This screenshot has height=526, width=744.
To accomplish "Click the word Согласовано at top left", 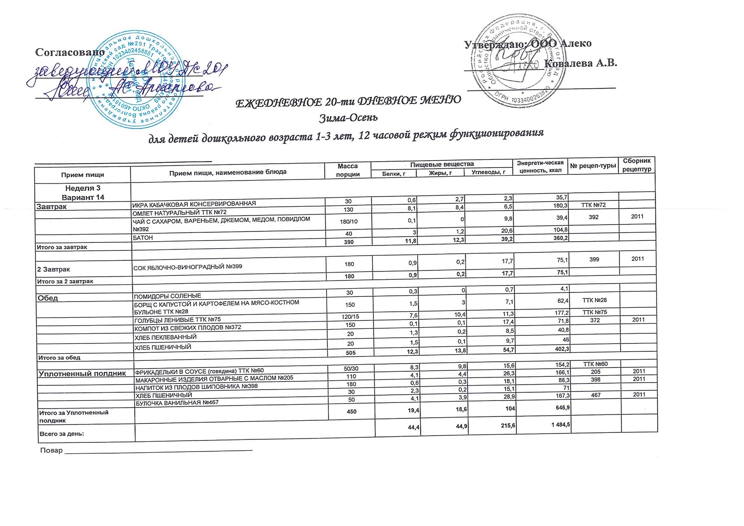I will [70, 52].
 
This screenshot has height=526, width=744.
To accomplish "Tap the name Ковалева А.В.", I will [580, 64].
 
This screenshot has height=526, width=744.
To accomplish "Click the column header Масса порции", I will [347, 170].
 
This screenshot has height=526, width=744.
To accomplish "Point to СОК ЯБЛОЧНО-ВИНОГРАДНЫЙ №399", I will [188, 267].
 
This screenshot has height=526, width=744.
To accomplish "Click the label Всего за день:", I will [61, 434].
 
